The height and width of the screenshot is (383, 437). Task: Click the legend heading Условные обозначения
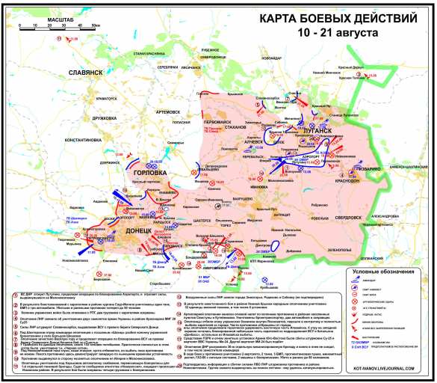coord(385,271)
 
